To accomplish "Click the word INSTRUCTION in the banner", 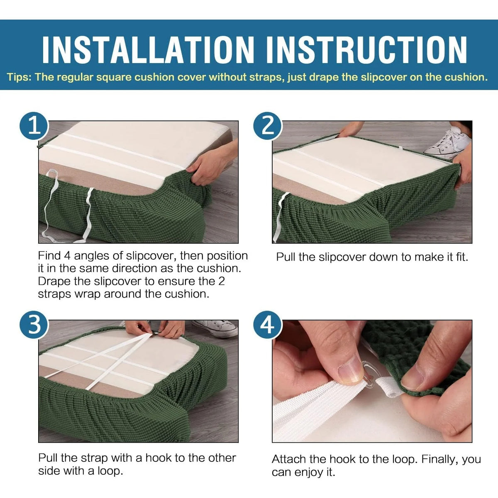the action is point(366,50).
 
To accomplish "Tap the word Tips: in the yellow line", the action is point(19,77).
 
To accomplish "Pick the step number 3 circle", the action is point(34,325).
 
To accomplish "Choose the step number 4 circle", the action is point(268,325).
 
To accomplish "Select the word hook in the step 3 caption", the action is point(158,458).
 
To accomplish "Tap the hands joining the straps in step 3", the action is point(155,329).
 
